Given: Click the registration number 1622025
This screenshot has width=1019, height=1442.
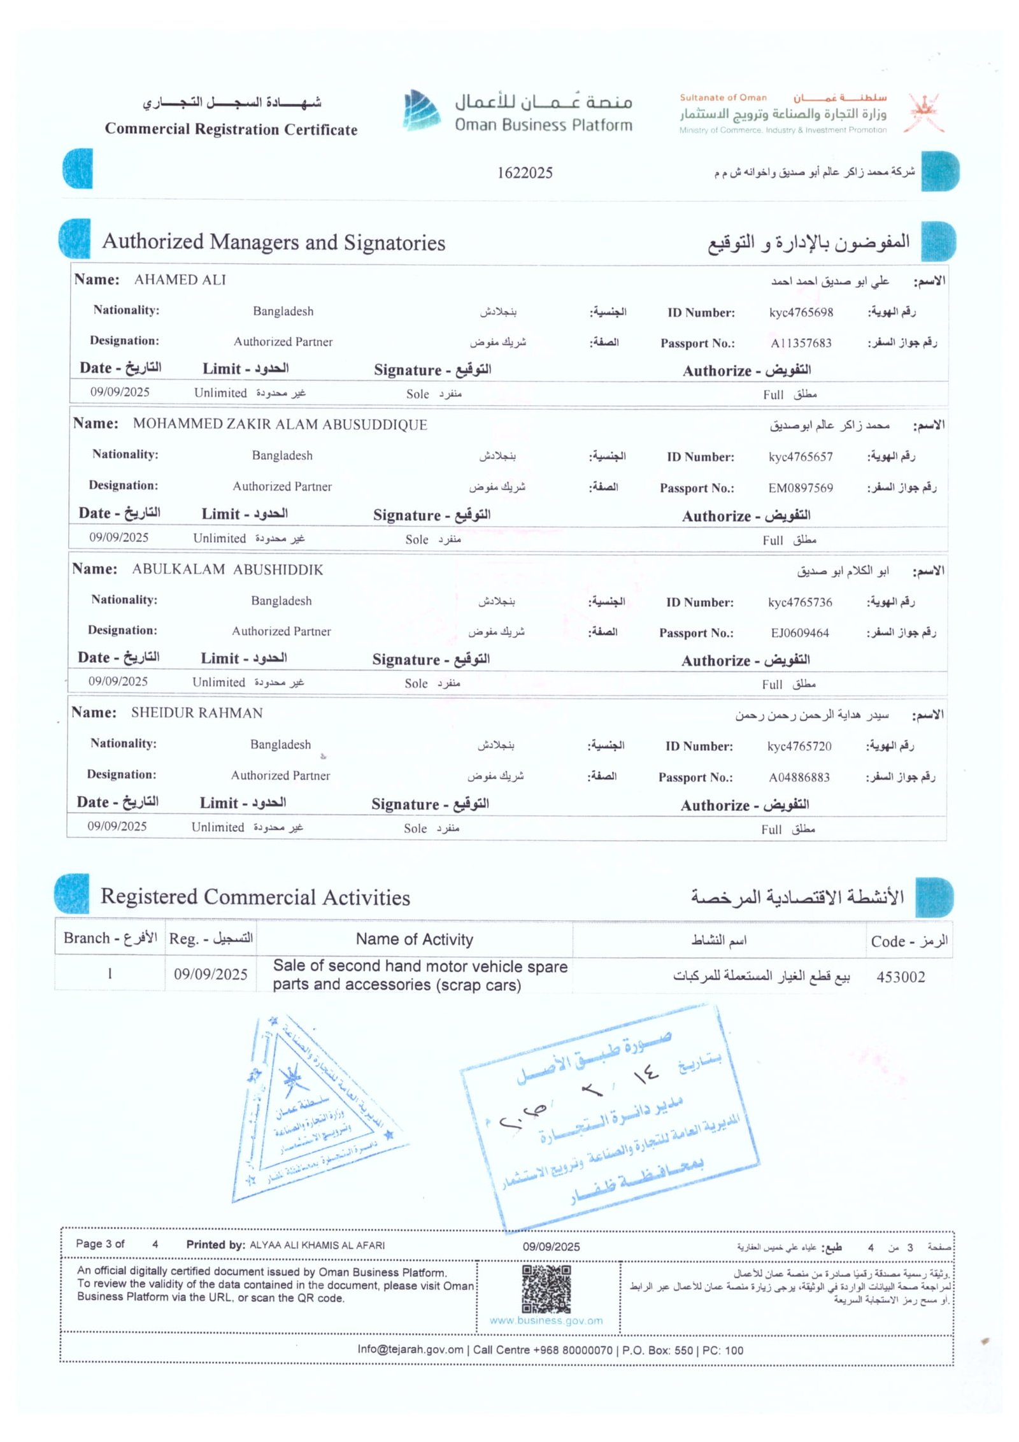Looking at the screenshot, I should (524, 173).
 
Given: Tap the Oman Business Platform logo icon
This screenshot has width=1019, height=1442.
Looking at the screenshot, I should (421, 110).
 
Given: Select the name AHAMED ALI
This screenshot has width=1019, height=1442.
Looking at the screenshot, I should (180, 280).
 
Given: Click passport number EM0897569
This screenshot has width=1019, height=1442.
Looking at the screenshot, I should (800, 488).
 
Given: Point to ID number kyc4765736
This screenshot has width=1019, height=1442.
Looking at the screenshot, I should (799, 602).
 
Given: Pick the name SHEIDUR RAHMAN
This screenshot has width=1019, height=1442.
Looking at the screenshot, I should (197, 713).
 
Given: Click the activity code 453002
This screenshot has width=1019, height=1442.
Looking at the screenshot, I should (900, 976).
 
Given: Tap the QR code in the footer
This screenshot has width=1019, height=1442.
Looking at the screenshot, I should (546, 1289).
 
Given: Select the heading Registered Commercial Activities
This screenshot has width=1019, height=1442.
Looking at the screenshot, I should (255, 897).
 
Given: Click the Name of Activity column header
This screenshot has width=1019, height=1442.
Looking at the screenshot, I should (414, 939).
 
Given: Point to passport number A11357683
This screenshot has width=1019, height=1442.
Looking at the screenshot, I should (801, 343).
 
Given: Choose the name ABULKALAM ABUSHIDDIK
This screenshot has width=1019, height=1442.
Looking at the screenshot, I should (227, 569).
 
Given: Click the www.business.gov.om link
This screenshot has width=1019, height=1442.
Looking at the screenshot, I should (546, 1320).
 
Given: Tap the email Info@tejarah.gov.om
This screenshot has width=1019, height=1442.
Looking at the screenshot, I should (410, 1349).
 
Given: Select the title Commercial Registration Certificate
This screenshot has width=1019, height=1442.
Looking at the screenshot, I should (231, 129).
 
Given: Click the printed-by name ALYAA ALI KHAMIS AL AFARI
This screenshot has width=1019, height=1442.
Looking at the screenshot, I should (317, 1245).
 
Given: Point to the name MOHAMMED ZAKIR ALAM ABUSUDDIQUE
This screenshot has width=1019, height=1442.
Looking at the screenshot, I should (280, 424).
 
